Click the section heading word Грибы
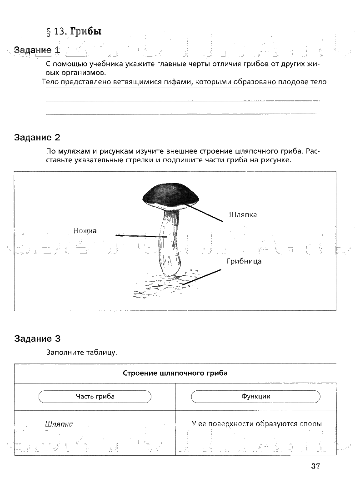(85, 31)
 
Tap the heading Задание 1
(37, 50)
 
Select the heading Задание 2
(37, 137)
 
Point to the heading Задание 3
(37, 339)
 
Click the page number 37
(316, 466)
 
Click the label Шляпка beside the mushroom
(243, 214)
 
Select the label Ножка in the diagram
(85, 231)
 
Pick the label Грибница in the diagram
(244, 261)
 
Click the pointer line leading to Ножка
(141, 236)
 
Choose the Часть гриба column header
(95, 396)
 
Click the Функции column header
(256, 396)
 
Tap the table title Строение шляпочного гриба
(175, 373)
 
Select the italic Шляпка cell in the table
(59, 424)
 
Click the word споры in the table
(310, 424)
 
